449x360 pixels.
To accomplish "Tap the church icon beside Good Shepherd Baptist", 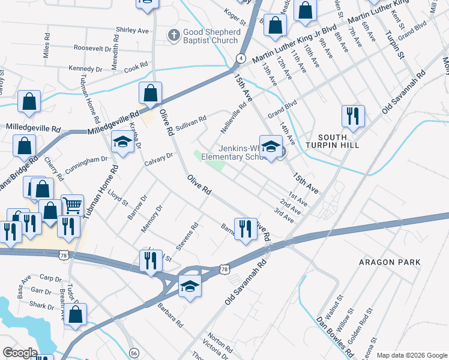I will pyautogui.click(x=173, y=36).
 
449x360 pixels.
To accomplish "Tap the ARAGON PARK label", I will pyautogui.click(x=390, y=262).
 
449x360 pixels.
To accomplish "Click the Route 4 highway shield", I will pyautogui.click(x=241, y=58).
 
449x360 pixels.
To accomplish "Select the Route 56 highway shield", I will pyautogui.click(x=134, y=353).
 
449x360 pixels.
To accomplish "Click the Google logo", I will pyautogui.click(x=20, y=352).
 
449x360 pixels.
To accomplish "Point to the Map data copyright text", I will pyautogui.click(x=412, y=355).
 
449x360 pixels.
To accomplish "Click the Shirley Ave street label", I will pyautogui.click(x=132, y=29).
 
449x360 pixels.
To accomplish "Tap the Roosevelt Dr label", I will pyautogui.click(x=94, y=47).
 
